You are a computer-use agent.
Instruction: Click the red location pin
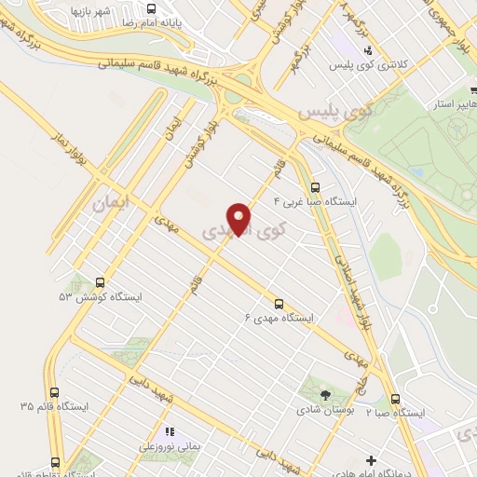click(x=240, y=219)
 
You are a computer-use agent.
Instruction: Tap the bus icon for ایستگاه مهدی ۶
click(x=278, y=303)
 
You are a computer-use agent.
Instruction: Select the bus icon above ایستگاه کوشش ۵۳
click(x=99, y=282)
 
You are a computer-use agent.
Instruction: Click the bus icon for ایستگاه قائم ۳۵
click(x=54, y=393)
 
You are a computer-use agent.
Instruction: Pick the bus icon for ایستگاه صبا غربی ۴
click(x=314, y=186)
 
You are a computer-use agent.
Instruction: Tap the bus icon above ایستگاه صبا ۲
click(x=395, y=398)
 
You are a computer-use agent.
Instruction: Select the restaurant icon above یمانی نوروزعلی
click(x=169, y=431)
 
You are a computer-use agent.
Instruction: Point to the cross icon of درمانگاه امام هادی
click(x=372, y=460)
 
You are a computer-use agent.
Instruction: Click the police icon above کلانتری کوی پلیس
click(x=369, y=51)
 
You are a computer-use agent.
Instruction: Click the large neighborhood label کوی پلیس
click(x=334, y=114)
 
